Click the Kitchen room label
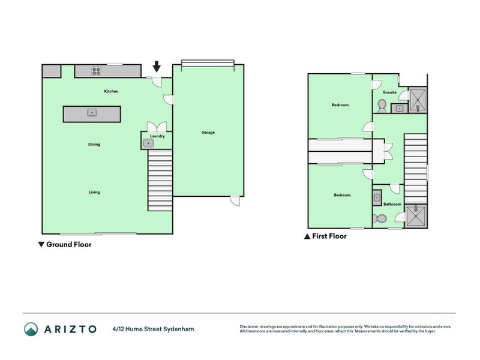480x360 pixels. (x=111, y=91)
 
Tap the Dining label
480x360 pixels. (x=94, y=144)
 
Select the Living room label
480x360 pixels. (x=94, y=192)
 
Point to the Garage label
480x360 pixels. (x=208, y=132)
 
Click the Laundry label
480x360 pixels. (x=157, y=136)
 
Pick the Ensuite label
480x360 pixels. (x=389, y=92)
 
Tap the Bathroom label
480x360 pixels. (x=392, y=204)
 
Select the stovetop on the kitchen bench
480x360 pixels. (x=95, y=71)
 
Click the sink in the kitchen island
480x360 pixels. (x=91, y=112)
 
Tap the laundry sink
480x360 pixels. (x=148, y=143)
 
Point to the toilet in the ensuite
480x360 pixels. (x=382, y=105)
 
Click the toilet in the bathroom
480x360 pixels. (x=379, y=219)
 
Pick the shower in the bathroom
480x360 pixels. (x=416, y=216)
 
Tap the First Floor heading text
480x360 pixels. (x=329, y=236)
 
